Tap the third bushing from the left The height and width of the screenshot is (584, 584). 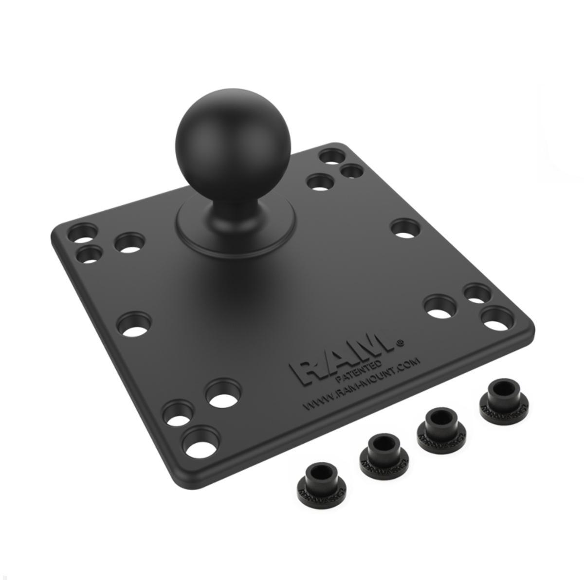[x=441, y=424]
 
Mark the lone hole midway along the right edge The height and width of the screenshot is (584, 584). [x=406, y=228]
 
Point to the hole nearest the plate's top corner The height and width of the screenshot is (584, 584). [x=332, y=157]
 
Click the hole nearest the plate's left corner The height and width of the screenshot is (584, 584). [x=82, y=233]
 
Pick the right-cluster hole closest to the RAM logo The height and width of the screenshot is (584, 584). [x=440, y=306]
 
